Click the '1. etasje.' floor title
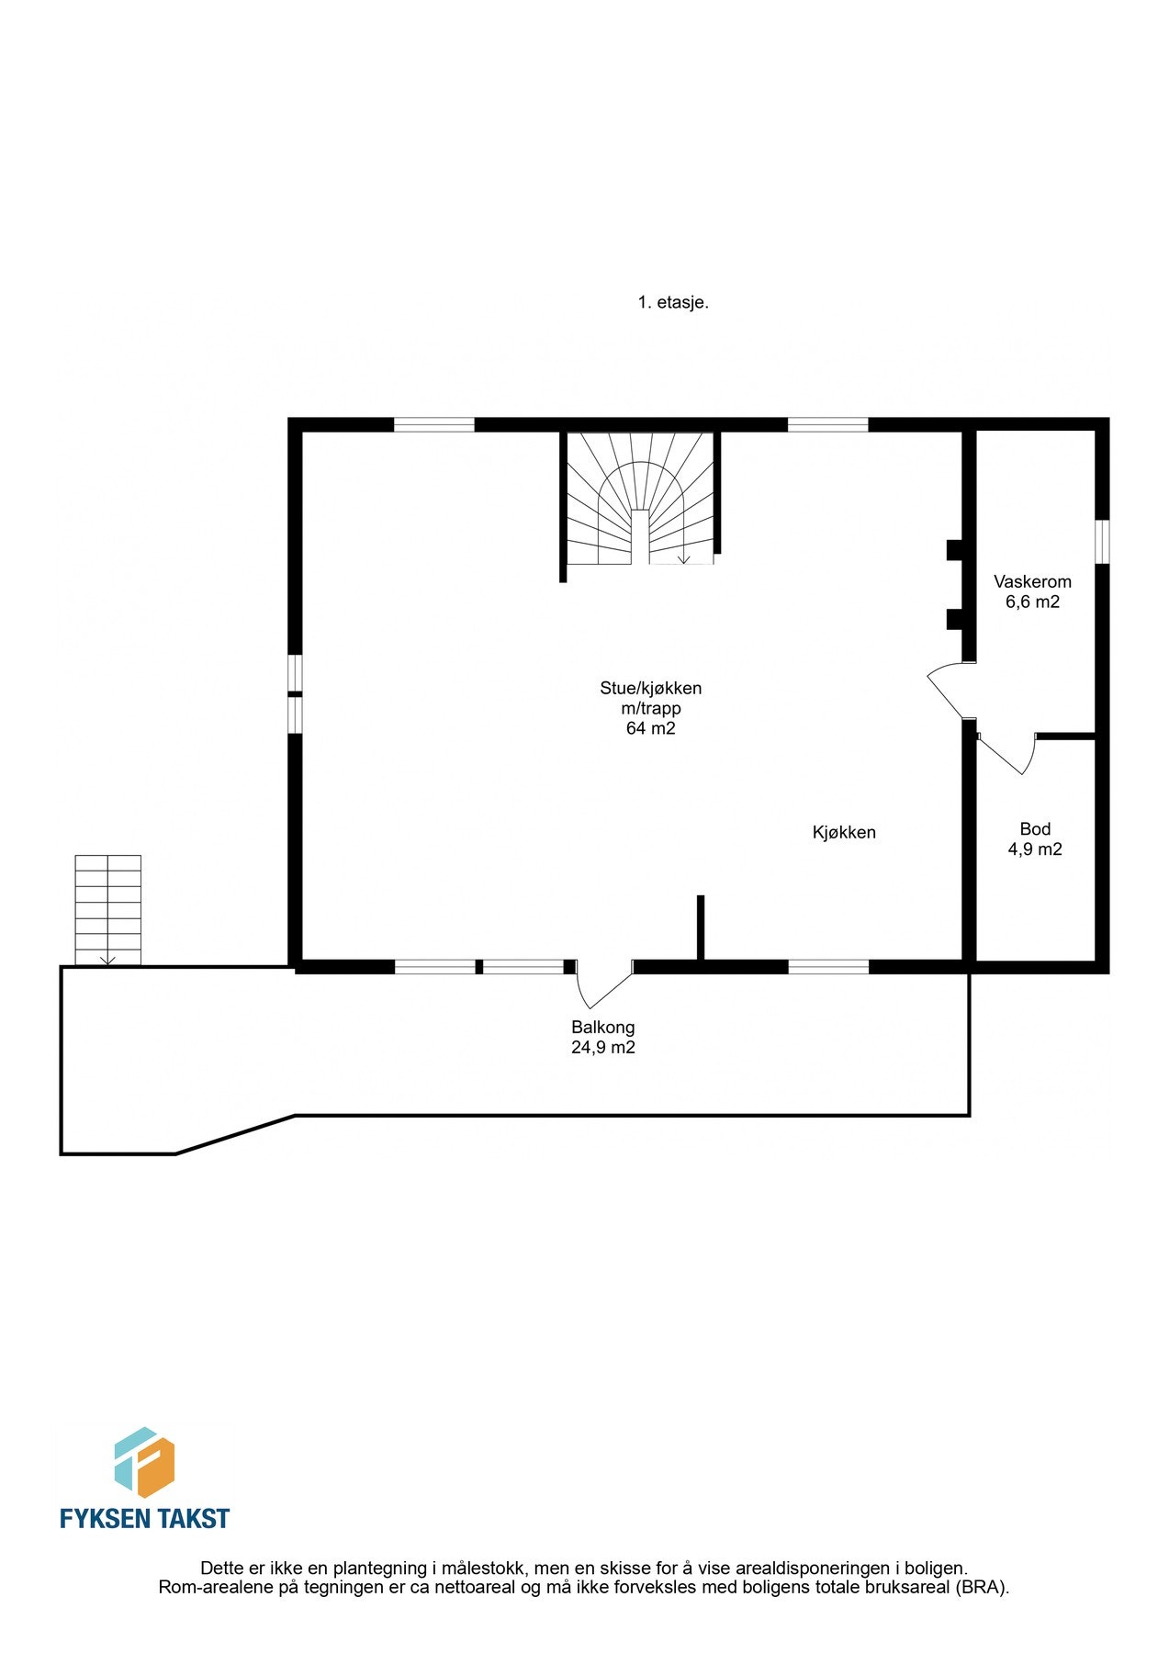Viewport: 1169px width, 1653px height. tap(673, 302)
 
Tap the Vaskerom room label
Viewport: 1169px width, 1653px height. tap(1032, 581)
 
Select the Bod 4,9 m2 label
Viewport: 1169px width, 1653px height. tap(1035, 839)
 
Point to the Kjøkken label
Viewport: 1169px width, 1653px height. tap(844, 833)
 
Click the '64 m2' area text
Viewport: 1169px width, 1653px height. tap(650, 728)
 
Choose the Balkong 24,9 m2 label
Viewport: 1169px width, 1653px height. tap(602, 1037)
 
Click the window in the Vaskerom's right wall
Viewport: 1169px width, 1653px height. tap(1102, 542)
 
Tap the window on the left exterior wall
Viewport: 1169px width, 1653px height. tap(295, 693)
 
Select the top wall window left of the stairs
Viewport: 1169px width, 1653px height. tap(433, 424)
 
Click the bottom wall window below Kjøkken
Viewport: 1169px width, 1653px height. tap(827, 966)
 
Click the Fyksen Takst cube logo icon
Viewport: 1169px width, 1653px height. tap(144, 1461)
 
